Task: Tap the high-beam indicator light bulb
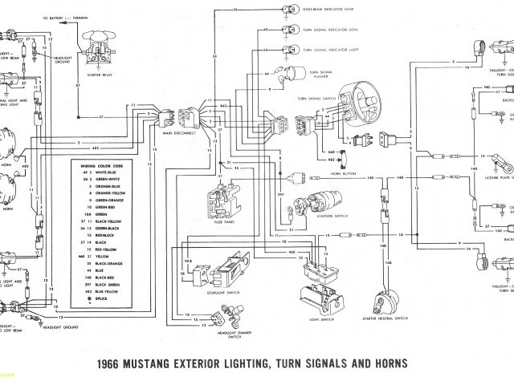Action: click(285, 10)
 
